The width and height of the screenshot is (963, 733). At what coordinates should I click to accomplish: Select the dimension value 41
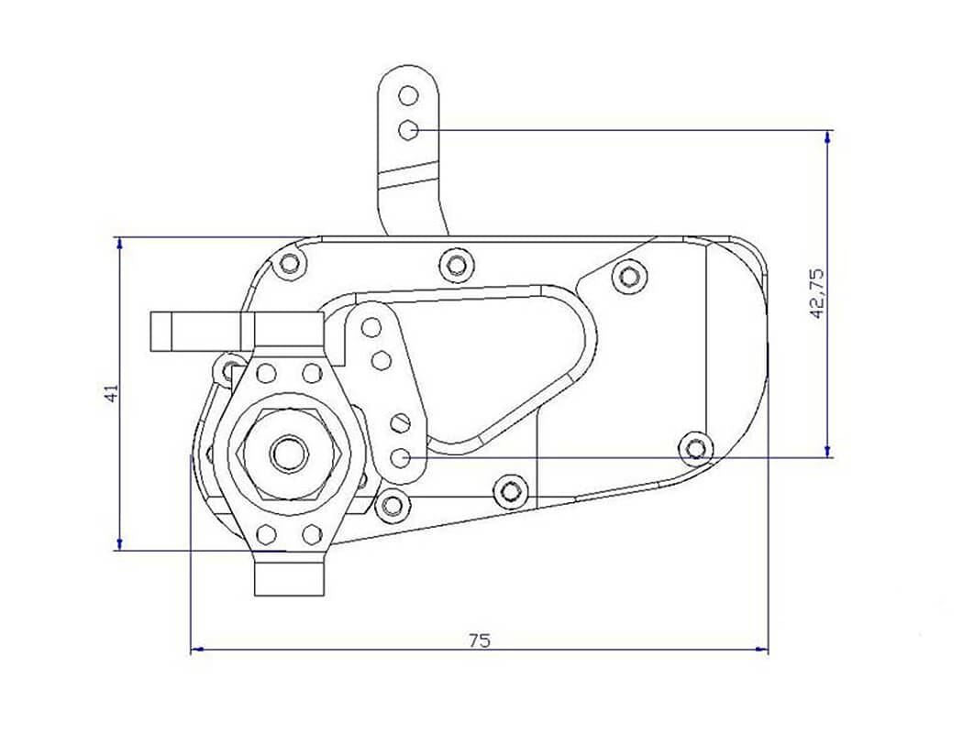point(111,393)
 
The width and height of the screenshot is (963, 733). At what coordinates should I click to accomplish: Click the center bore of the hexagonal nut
point(289,452)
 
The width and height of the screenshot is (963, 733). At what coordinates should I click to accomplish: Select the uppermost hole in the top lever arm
point(409,95)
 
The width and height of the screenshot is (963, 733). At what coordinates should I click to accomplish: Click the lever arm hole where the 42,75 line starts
point(409,130)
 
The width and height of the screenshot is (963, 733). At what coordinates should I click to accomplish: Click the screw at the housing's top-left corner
point(291,264)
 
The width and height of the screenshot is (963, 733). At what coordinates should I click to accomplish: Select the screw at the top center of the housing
point(456,265)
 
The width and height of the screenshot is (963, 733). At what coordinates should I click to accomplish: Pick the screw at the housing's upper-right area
point(628,275)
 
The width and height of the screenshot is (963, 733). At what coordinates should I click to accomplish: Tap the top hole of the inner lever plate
point(371,327)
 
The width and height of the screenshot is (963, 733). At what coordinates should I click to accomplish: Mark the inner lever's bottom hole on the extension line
point(400,456)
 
